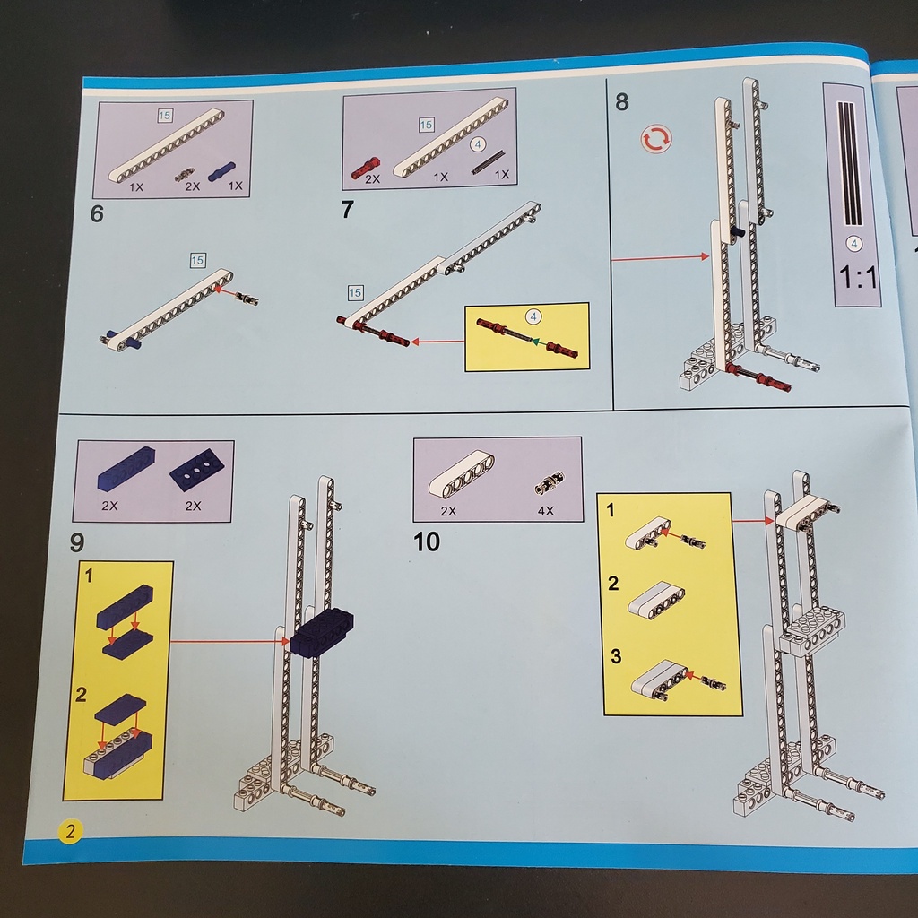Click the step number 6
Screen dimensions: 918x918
coord(97,213)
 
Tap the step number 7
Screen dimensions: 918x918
coord(347,209)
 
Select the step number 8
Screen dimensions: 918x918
coord(622,102)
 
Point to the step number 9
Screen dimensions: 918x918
coord(77,542)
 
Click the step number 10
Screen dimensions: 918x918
coord(426,542)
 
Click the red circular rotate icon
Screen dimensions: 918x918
coord(656,139)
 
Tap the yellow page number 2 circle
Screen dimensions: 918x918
coord(70,831)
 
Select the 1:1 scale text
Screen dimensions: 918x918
coord(858,277)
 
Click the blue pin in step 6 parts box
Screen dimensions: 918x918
coord(222,171)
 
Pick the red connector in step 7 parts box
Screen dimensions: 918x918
coord(366,168)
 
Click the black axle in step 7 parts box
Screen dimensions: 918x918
coord(489,161)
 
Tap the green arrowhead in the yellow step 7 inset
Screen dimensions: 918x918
coord(535,341)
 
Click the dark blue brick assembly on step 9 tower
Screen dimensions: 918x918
coord(322,632)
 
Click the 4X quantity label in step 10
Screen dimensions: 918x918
coord(546,511)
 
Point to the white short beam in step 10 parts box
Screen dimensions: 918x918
coord(462,473)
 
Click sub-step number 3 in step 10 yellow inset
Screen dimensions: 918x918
coord(616,656)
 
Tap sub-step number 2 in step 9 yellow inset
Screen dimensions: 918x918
coord(81,695)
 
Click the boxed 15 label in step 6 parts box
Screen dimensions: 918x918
coord(165,116)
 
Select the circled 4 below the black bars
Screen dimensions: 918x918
coord(854,244)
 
